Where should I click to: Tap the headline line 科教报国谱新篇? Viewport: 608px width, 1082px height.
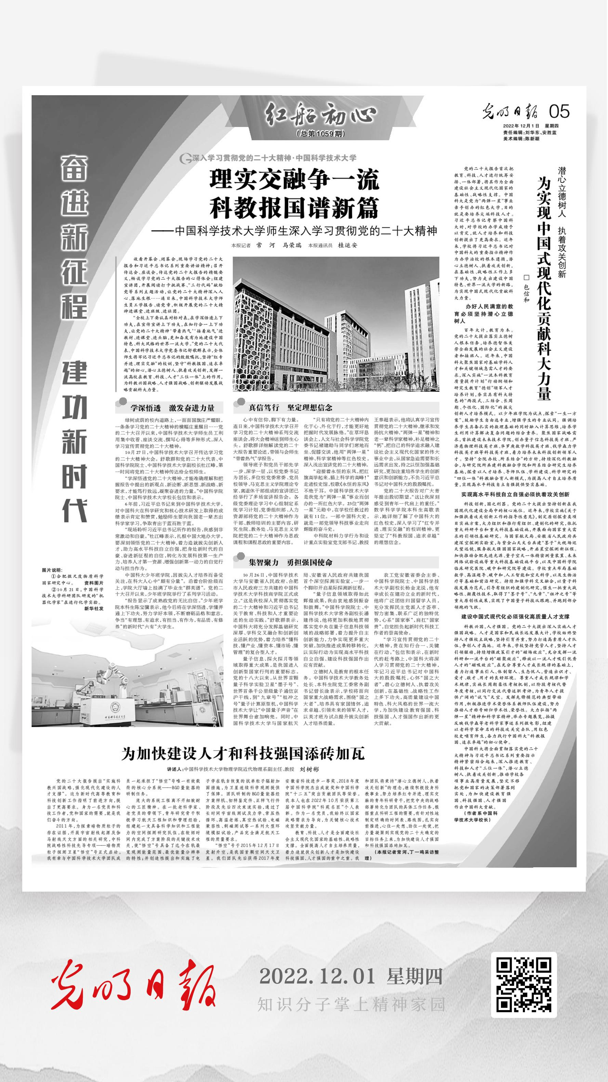[294, 207]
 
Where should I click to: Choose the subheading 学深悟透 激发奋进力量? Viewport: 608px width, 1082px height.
[172, 407]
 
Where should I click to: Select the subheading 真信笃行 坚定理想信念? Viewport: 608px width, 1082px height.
[290, 407]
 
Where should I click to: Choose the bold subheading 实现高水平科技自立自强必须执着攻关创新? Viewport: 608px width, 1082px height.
[515, 495]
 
